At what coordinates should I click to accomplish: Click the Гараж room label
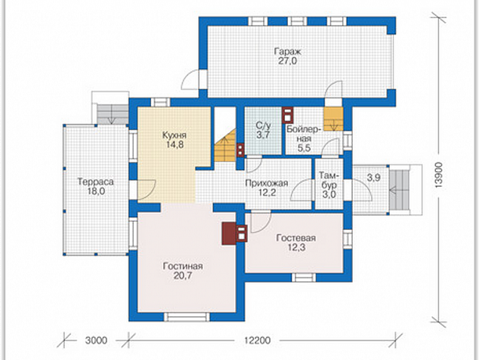287,51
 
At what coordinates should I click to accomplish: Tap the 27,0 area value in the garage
287,61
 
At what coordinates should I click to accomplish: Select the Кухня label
174,135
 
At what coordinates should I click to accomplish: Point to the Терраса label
96,182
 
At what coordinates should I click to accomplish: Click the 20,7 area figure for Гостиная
183,275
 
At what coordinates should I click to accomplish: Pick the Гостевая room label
295,237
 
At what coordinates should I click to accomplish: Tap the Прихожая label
267,183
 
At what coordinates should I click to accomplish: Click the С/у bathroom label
263,126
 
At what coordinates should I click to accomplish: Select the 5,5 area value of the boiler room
304,148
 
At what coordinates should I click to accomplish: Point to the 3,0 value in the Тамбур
329,194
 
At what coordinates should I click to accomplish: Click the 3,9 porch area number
374,177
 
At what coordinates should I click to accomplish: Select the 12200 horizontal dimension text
257,340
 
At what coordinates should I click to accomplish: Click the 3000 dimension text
96,340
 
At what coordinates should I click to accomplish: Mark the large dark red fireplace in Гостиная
229,234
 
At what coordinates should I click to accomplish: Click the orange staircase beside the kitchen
226,147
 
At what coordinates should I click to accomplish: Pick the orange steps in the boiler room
333,119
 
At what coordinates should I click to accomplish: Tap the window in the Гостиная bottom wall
187,317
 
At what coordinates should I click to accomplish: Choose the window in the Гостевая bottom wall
304,277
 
